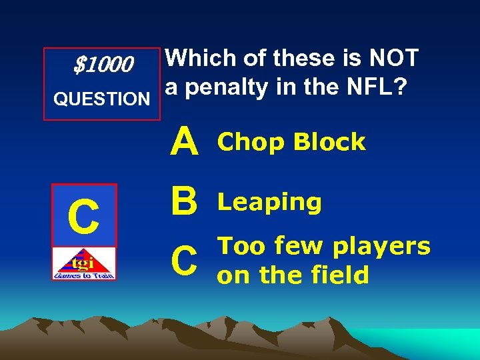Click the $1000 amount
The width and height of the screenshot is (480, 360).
[x=103, y=65]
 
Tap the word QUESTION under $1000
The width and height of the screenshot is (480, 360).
[x=102, y=99]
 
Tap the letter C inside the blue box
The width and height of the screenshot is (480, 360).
[x=85, y=217]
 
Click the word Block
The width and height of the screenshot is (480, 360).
[x=329, y=142]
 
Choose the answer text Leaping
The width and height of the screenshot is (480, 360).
[x=270, y=203]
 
